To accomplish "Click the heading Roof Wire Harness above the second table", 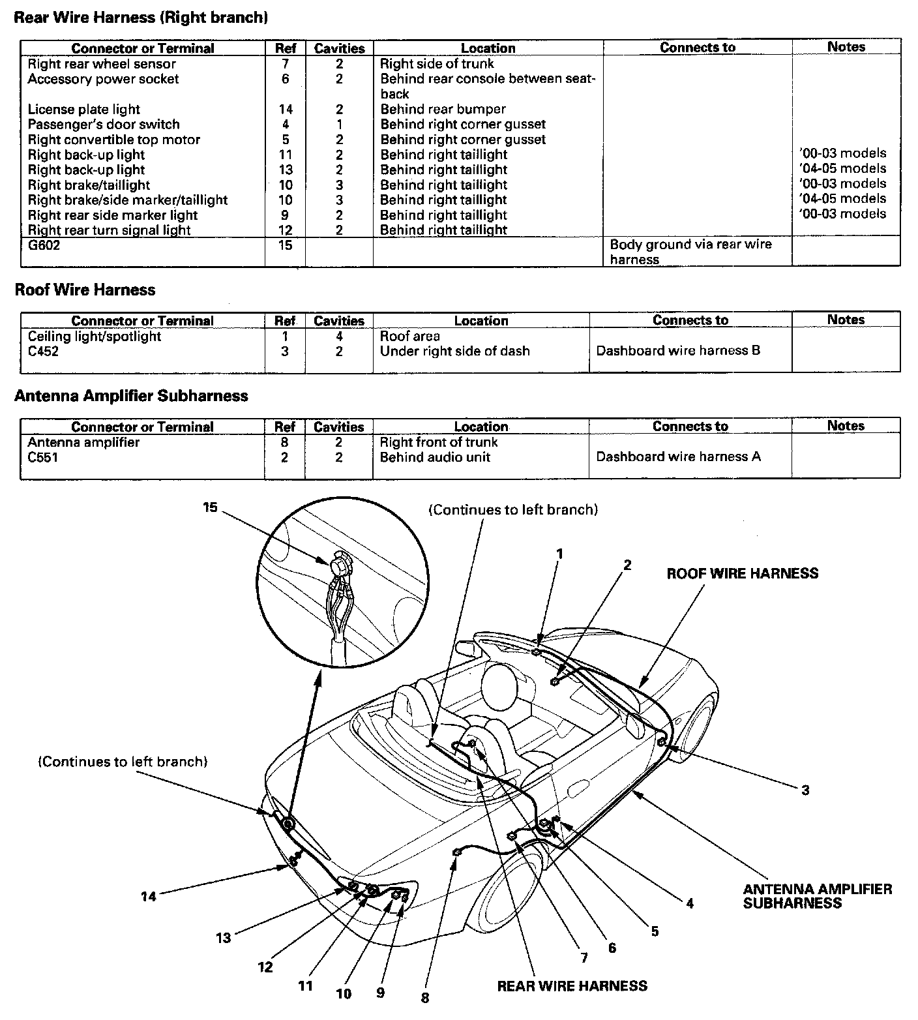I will [85, 290].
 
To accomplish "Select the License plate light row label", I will [83, 110].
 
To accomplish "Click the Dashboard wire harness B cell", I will [678, 351].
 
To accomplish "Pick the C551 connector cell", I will [42, 457].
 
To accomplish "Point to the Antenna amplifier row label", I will [83, 442].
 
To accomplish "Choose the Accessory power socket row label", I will [103, 79].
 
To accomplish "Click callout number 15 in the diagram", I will [210, 507].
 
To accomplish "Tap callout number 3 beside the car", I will [805, 790].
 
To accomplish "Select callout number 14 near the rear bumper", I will [149, 896].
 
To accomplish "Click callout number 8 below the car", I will [425, 998].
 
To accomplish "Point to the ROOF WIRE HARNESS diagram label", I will [742, 573].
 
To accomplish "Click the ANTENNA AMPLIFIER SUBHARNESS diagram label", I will [818, 896].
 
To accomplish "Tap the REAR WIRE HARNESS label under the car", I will [572, 985].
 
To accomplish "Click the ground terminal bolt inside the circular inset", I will [339, 564].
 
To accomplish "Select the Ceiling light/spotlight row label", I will [94, 337].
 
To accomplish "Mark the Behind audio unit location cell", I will [435, 457].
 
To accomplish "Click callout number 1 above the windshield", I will [559, 554].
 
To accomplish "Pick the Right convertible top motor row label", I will [113, 140].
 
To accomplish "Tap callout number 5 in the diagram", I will [655, 931].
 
